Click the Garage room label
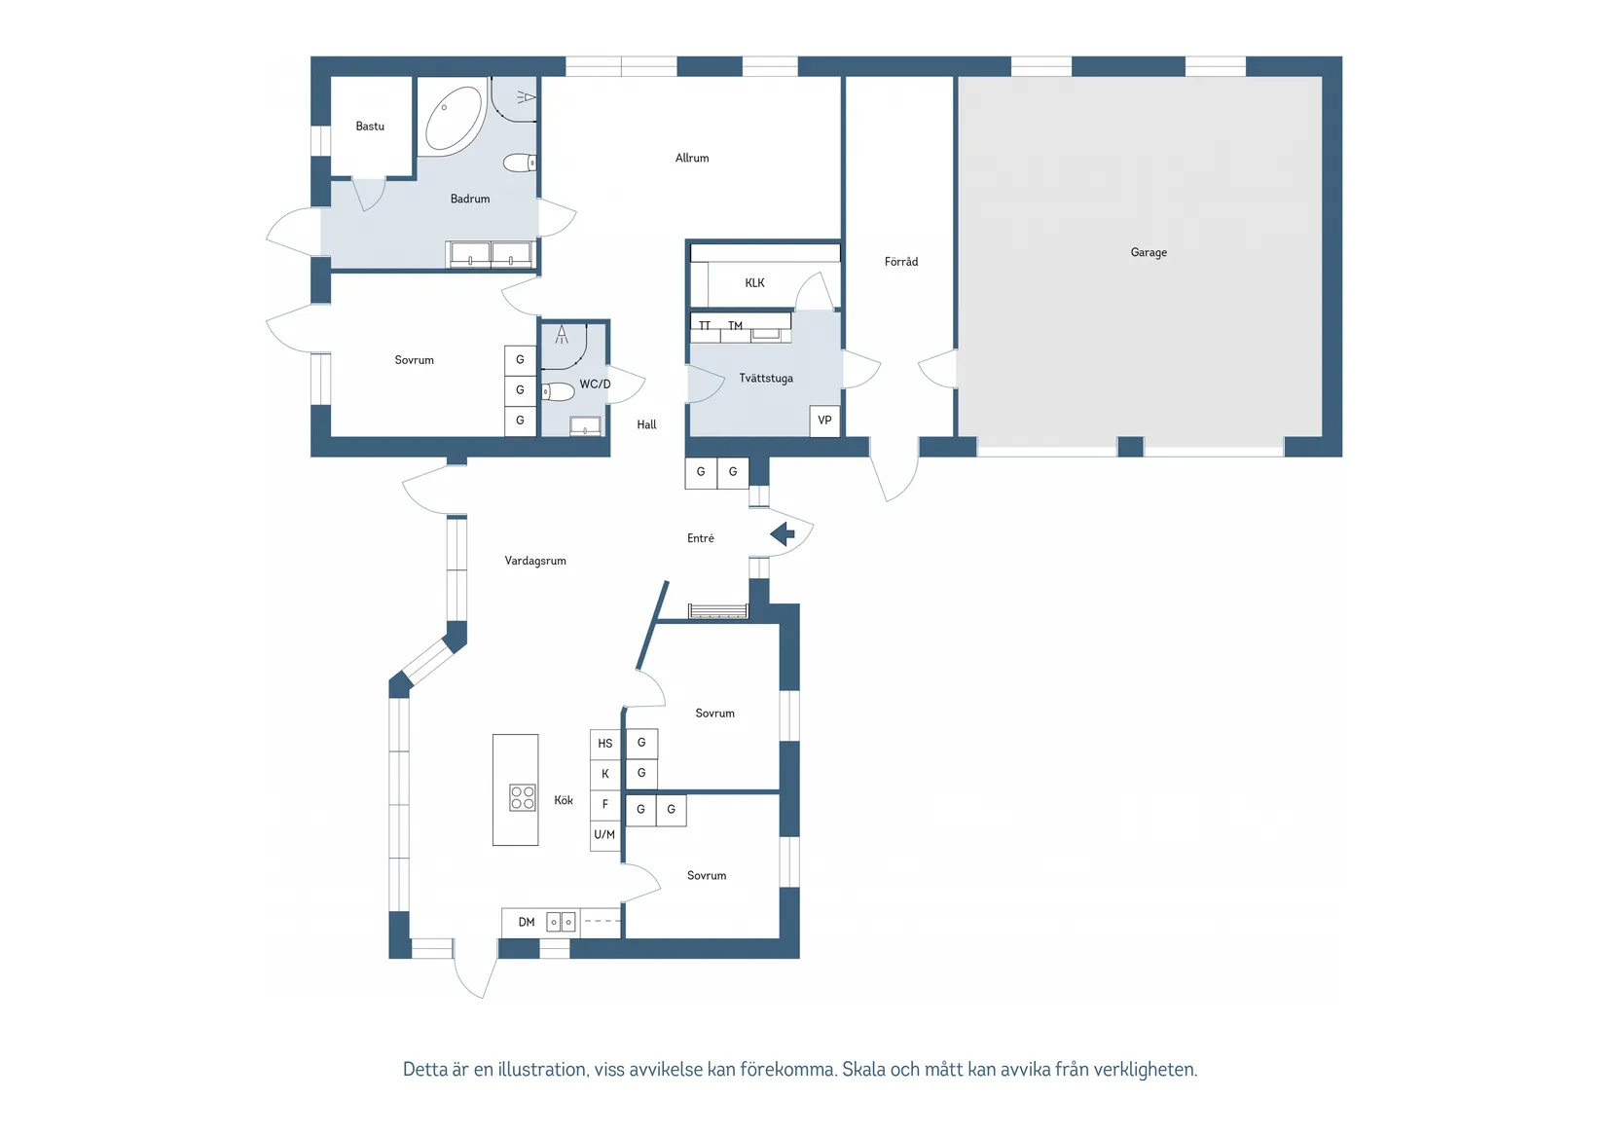(x=1149, y=252)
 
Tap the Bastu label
(x=370, y=127)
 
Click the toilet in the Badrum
(x=519, y=163)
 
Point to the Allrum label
(x=692, y=158)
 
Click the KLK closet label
(x=755, y=282)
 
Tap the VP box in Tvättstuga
(x=824, y=421)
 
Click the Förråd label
(x=901, y=262)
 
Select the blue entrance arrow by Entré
(x=783, y=534)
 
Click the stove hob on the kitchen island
(x=522, y=797)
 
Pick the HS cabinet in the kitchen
(x=605, y=744)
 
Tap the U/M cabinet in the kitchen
(x=604, y=834)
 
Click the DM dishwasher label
(x=527, y=922)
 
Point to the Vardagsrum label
(x=535, y=561)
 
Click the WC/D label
(x=595, y=384)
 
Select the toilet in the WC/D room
(x=558, y=391)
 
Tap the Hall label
(x=646, y=424)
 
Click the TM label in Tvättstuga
(x=735, y=325)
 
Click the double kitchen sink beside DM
(x=561, y=922)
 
